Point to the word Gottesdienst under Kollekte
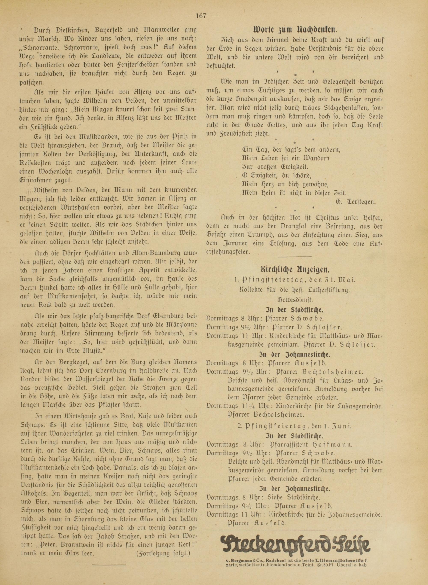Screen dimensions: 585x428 tap(295, 300)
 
